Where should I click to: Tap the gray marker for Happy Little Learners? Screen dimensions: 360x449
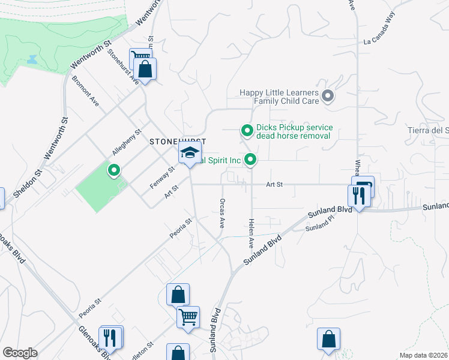pyautogui.click(x=327, y=96)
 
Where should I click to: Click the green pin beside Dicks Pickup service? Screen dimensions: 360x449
pyautogui.click(x=246, y=130)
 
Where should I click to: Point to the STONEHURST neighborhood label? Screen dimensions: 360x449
pyautogui.click(x=178, y=142)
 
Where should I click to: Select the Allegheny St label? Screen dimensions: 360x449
pyautogui.click(x=126, y=142)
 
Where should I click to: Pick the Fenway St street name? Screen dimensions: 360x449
pyautogui.click(x=162, y=178)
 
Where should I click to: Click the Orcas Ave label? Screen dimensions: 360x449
pyautogui.click(x=222, y=214)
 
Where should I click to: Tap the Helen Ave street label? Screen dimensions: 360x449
pyautogui.click(x=251, y=234)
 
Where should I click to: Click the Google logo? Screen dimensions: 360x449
pyautogui.click(x=20, y=353)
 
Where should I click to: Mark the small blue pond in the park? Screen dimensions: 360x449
pyautogui.click(x=31, y=60)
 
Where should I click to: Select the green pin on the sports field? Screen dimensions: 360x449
pyautogui.click(x=113, y=172)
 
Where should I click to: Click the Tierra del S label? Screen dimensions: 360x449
pyautogui.click(x=429, y=131)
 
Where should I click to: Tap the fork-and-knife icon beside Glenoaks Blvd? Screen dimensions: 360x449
pyautogui.click(x=109, y=337)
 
